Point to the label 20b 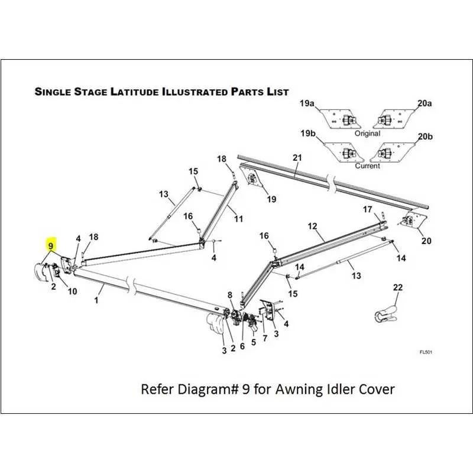[x=425, y=137]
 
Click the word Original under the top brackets [x=367, y=134]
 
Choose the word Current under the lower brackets [x=367, y=166]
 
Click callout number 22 [x=398, y=287]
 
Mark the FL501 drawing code [x=426, y=352]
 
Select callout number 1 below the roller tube [x=96, y=300]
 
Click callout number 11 [x=238, y=219]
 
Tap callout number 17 [x=368, y=209]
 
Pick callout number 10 [x=73, y=291]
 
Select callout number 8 [x=230, y=294]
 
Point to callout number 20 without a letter [x=426, y=241]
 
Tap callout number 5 [x=254, y=341]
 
